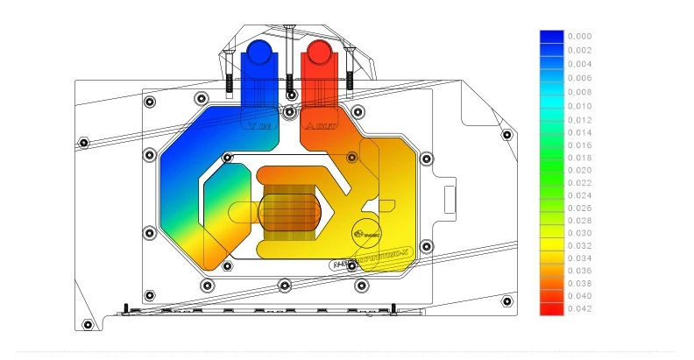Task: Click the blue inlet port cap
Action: (x=260, y=52)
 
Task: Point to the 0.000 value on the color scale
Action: (x=579, y=37)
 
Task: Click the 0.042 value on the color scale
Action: (x=579, y=308)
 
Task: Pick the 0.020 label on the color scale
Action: (x=579, y=170)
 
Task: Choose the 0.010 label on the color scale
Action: (x=579, y=106)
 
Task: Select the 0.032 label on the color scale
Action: (x=579, y=246)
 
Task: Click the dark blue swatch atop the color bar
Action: (x=551, y=37)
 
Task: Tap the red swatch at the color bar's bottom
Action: (x=551, y=308)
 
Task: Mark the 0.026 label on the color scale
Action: (x=579, y=208)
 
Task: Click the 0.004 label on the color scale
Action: (x=579, y=64)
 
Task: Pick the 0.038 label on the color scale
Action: (x=579, y=283)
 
